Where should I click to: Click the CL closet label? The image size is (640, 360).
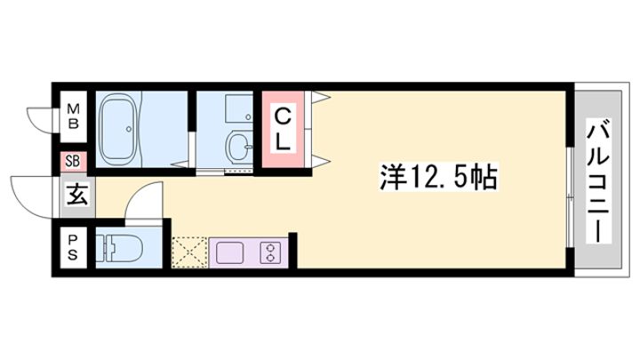click(281, 130)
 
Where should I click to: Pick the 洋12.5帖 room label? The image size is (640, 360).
click(435, 177)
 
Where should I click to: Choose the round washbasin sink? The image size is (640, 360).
click(237, 146)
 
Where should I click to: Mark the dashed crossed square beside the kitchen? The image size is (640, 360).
click(189, 252)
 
